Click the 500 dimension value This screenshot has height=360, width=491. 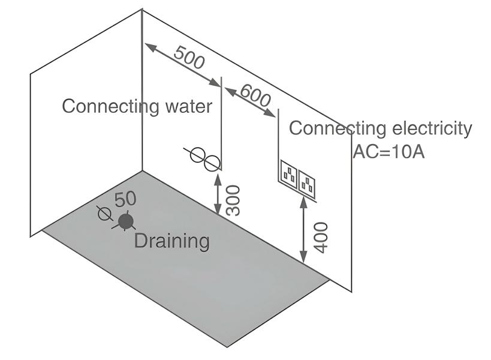pos(189,57)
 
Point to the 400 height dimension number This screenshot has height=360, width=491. pos(321,237)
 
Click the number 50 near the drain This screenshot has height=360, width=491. pos(125,199)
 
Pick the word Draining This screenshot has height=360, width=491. pos(171,241)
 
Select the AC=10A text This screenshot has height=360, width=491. pos(388,152)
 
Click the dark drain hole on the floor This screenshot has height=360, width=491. pos(125,221)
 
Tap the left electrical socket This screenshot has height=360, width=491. pos(290,174)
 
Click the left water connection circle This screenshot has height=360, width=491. pos(197,155)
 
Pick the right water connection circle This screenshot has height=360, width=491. pos(212,163)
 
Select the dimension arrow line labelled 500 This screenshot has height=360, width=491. pos(182,65)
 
